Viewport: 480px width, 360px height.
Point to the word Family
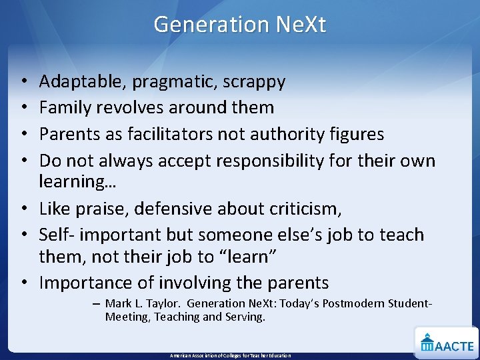[65, 107]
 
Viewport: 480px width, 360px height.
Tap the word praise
[100, 209]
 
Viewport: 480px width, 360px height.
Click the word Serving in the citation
[245, 317]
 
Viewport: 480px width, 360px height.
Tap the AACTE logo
[447, 342]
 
